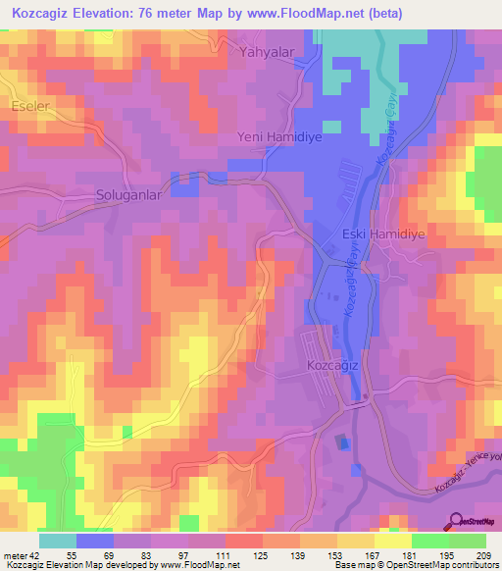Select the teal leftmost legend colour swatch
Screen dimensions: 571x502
(58, 541)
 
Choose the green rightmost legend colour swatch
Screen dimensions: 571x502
(468, 541)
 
